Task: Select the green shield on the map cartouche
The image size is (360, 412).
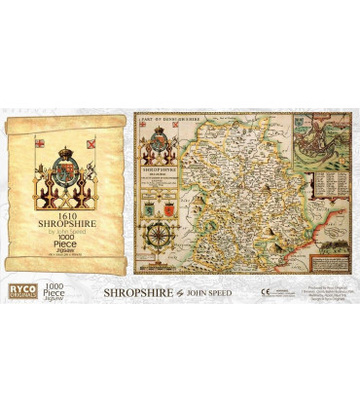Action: (x=150, y=206)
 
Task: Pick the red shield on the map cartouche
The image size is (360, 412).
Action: (x=166, y=206)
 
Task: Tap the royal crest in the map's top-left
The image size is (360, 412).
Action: (x=159, y=146)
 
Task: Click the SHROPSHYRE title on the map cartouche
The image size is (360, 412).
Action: (x=160, y=177)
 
